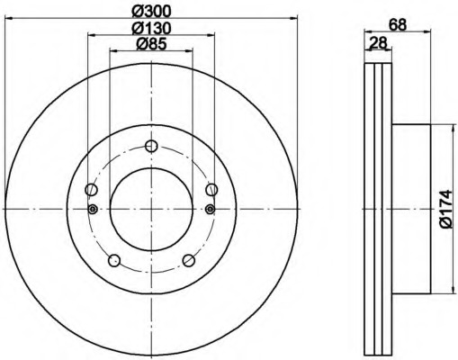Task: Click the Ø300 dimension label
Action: coord(151,12)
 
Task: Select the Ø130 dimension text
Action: coord(151,28)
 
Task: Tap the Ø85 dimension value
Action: coord(151,45)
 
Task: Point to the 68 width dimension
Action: coord(398,25)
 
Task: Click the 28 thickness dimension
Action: coord(378,44)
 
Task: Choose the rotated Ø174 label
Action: coord(445,209)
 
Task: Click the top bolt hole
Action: coord(151,146)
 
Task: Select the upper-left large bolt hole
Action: coord(91,190)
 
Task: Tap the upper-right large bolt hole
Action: coord(211,190)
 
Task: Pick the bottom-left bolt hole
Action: coord(114,260)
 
